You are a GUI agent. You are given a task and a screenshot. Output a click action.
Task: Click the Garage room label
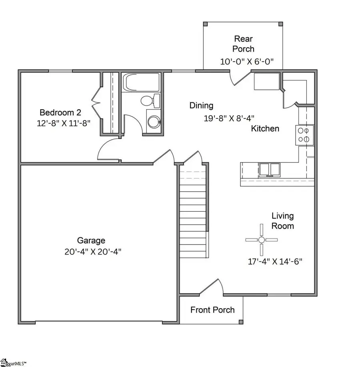coord(91,241)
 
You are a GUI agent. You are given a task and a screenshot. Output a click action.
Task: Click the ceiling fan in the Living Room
coord(261,240)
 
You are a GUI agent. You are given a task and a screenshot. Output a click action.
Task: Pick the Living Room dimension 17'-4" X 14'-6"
coord(275,262)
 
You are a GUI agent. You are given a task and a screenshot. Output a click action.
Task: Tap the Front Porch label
coord(212,310)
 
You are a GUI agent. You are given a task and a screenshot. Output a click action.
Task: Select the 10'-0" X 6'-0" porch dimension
coord(246,62)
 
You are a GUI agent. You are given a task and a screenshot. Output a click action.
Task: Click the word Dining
coord(201,106)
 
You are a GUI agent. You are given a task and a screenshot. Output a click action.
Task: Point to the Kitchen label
coord(265,128)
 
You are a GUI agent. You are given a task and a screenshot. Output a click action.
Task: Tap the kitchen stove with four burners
coord(304,134)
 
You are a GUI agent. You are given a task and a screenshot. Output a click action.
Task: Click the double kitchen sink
coord(269,170)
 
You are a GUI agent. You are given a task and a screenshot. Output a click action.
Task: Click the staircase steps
coord(193,212)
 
